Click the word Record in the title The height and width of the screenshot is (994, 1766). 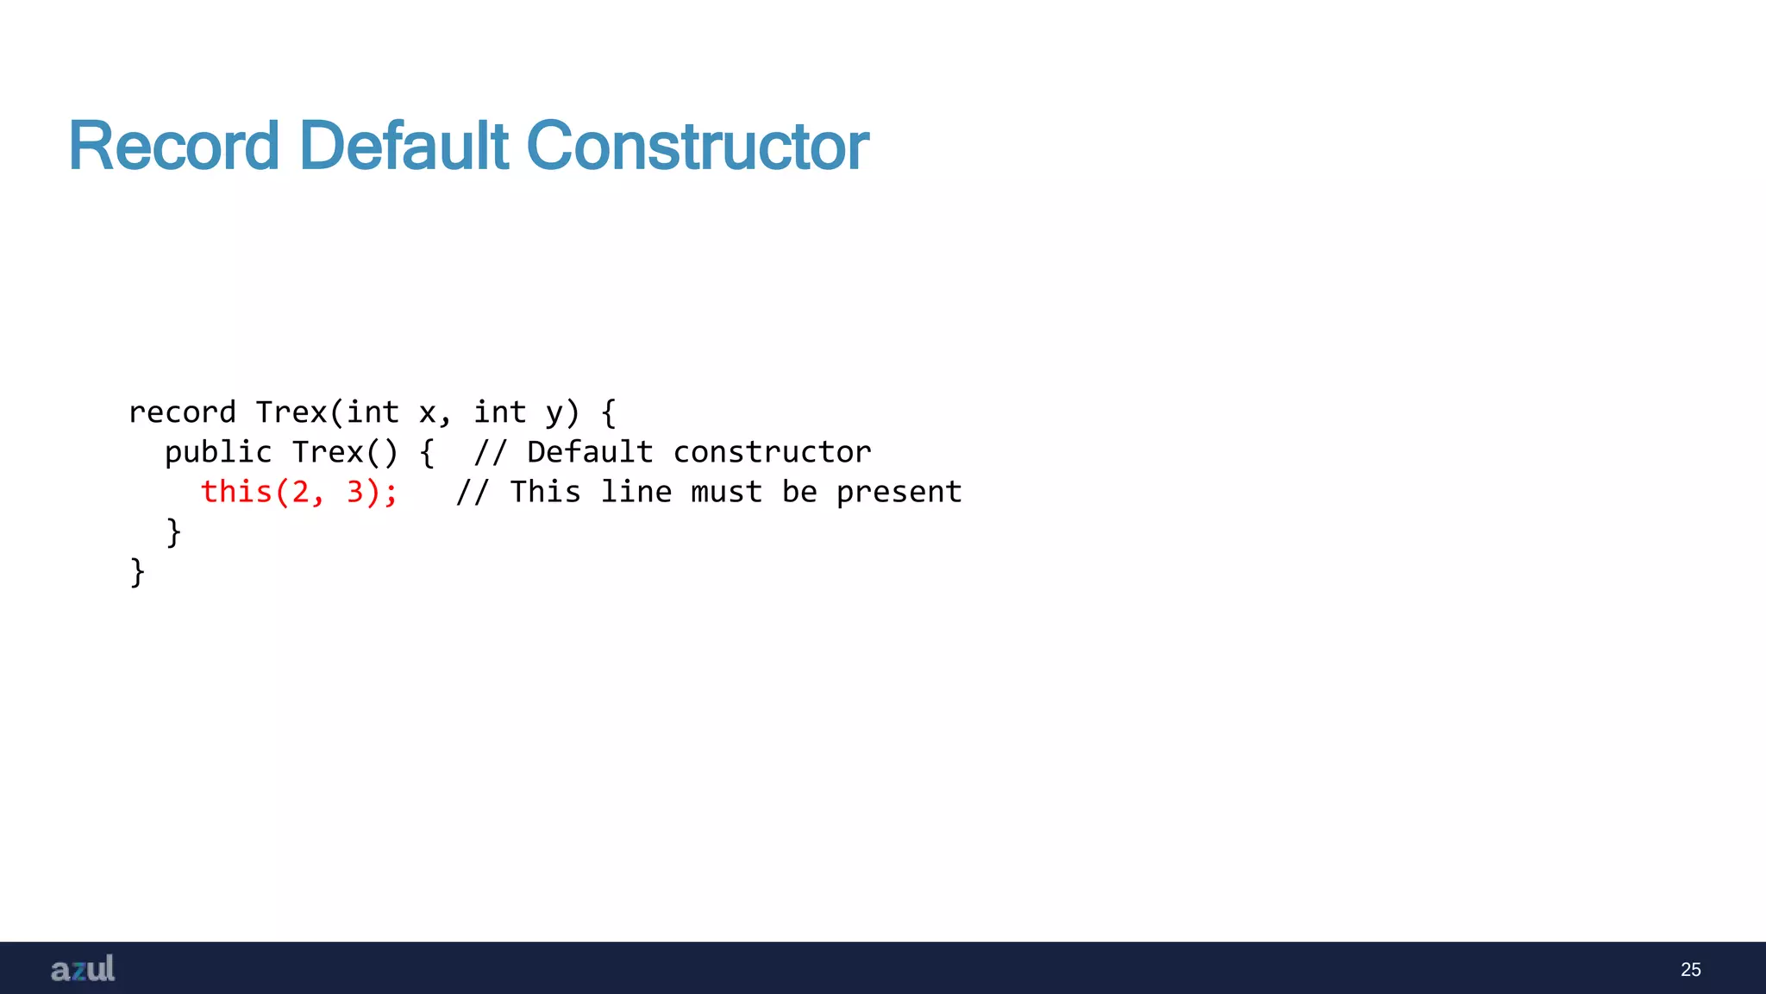(x=173, y=146)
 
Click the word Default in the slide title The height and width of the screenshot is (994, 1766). (x=404, y=146)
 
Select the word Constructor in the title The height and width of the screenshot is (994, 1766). (x=697, y=146)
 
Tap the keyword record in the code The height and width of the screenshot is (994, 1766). (x=182, y=412)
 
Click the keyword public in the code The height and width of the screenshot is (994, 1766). (x=218, y=452)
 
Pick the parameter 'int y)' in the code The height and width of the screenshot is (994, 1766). (x=527, y=412)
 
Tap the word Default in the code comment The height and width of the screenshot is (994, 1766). (x=590, y=452)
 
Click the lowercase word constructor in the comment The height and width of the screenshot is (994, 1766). (x=772, y=452)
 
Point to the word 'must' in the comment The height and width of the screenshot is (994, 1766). (x=726, y=492)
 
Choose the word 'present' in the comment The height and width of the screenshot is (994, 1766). (x=899, y=492)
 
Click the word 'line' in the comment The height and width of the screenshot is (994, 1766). (x=636, y=492)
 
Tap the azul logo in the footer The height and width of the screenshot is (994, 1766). (x=83, y=969)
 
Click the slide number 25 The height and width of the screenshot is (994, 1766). (x=1690, y=970)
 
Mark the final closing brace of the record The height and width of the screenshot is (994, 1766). (x=137, y=571)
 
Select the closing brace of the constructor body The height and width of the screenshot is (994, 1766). (x=173, y=532)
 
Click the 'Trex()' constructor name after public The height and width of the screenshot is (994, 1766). (x=345, y=452)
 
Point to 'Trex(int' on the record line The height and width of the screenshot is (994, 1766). (x=327, y=412)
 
